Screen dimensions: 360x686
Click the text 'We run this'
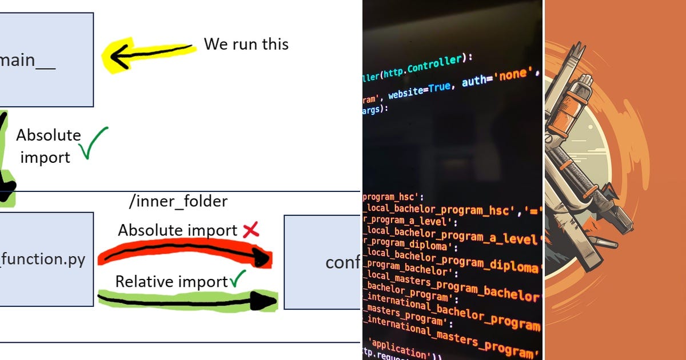[246, 44]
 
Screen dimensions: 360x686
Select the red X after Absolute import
[251, 230]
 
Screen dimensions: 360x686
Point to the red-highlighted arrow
[183, 254]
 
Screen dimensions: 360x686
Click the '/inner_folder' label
[178, 201]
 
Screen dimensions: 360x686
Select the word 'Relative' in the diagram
[141, 282]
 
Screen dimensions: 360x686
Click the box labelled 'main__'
[46, 59]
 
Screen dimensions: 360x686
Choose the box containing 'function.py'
[46, 259]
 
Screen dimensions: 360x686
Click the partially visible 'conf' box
[323, 262]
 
